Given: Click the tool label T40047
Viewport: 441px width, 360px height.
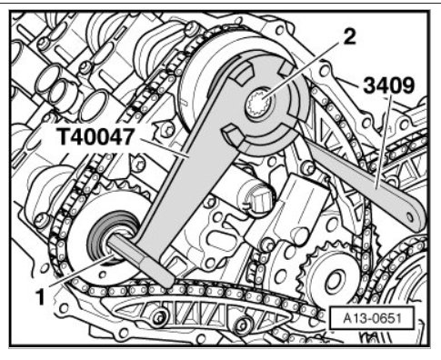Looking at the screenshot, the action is tap(95, 137).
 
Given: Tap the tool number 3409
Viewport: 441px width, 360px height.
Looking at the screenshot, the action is tap(388, 85).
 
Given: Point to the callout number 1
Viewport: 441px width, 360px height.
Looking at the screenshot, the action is tap(40, 297).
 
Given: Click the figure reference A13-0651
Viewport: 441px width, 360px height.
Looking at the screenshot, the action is tap(372, 318).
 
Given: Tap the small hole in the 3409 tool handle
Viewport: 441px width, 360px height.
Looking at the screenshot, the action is tap(409, 217).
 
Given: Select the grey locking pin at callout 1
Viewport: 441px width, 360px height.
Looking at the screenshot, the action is tap(140, 260).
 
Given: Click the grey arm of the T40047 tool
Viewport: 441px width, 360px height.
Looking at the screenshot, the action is tap(194, 170).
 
